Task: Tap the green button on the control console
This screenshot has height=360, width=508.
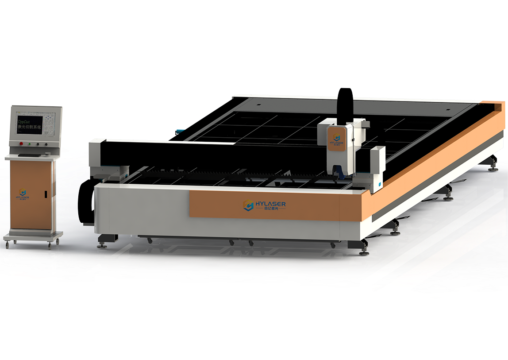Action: click(20, 144)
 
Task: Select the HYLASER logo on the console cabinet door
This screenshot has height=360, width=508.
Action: click(23, 194)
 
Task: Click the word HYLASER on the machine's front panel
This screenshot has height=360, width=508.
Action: click(270, 204)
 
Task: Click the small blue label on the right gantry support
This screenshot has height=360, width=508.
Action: click(379, 182)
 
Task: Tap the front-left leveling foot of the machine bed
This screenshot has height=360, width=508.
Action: click(102, 243)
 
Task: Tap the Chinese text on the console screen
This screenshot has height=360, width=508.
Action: click(31, 127)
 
